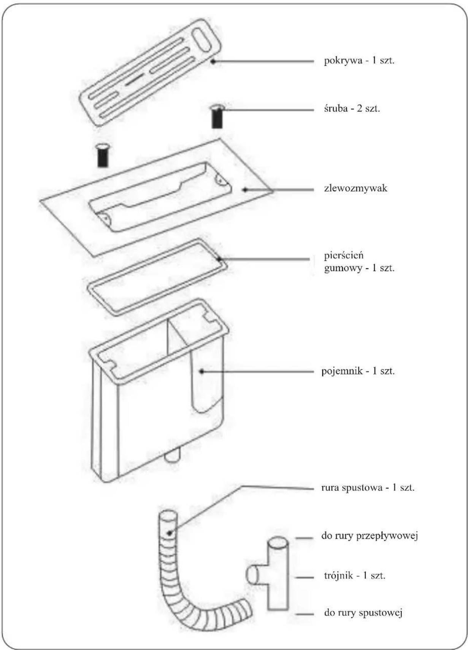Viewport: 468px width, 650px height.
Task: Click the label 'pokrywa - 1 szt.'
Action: point(359,61)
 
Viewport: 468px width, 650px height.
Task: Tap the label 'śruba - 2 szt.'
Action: point(352,109)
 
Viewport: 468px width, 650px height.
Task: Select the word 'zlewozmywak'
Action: point(355,188)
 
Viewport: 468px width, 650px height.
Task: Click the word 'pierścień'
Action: point(344,256)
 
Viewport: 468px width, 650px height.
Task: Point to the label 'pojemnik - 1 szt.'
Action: point(358,371)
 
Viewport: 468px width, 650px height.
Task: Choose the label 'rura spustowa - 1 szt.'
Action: point(368,487)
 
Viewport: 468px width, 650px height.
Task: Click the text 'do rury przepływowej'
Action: point(370,536)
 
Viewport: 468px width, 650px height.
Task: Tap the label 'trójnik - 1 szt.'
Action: point(355,575)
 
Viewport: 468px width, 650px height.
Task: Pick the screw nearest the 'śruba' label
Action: point(217,117)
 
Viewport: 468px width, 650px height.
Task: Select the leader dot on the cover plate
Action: point(213,62)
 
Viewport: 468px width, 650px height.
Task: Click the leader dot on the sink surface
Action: point(245,190)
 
